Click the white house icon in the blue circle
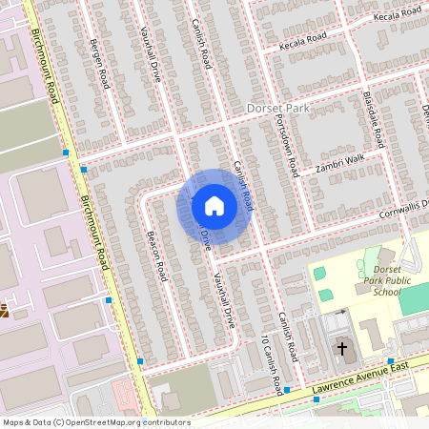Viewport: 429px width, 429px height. click(x=214, y=206)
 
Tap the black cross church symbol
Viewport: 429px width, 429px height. click(x=341, y=349)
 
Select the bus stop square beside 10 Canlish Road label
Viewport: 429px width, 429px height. click(x=287, y=391)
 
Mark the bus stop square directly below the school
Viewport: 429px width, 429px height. click(x=391, y=360)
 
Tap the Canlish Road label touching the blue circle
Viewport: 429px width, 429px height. click(x=242, y=187)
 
